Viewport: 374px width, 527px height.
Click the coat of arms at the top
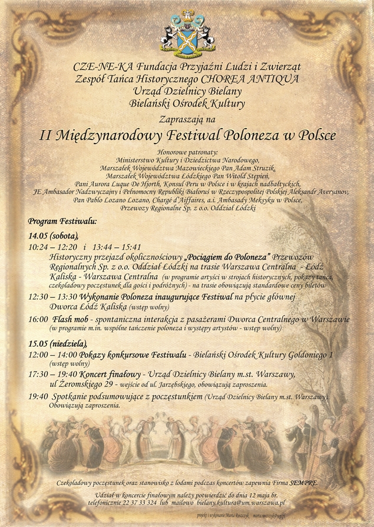pyautogui.click(x=187, y=33)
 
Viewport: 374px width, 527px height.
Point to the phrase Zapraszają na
pyautogui.click(x=187, y=119)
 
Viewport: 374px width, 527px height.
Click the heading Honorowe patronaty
pyautogui.click(x=187, y=152)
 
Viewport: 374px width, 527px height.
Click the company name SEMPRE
pyautogui.click(x=305, y=483)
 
